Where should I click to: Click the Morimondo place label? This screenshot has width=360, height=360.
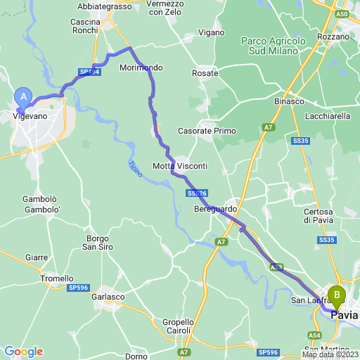pos(141,67)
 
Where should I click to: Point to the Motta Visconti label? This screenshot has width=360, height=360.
pos(180,166)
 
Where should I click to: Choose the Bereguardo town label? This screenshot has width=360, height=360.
pos(215,210)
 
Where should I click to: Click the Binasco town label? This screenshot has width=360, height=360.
pos(288,101)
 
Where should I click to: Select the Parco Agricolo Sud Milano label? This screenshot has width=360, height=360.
pos(274,46)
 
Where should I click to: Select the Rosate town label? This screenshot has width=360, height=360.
pos(205,72)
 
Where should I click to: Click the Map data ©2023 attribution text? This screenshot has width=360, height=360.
pos(330,354)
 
